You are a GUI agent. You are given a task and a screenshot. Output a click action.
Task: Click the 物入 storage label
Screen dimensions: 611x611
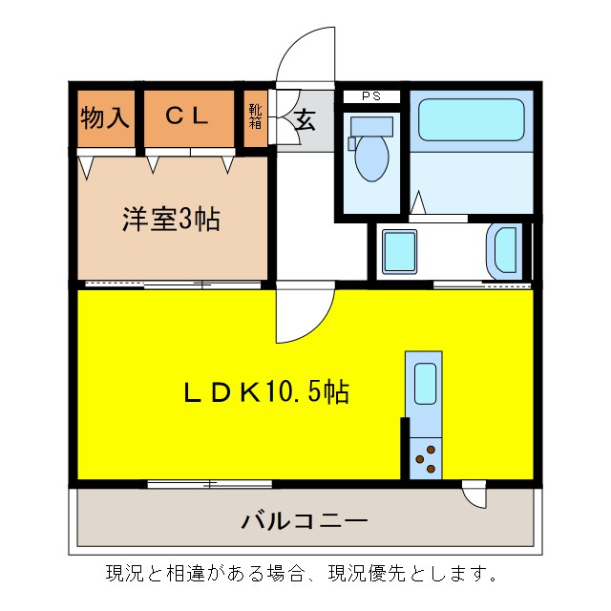[x=105, y=117]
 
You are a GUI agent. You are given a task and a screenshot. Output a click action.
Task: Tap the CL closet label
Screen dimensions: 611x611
[x=187, y=116]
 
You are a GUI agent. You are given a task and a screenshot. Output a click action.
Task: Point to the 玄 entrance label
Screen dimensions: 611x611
[x=305, y=120]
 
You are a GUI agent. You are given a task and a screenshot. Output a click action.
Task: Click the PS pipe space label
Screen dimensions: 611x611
[x=370, y=96]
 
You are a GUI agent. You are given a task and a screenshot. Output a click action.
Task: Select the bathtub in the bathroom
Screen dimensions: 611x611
[x=472, y=120]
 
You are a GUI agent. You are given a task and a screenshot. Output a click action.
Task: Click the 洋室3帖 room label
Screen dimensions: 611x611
[x=170, y=220]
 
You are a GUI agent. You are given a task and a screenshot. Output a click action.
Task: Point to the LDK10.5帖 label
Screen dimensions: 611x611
[x=265, y=391]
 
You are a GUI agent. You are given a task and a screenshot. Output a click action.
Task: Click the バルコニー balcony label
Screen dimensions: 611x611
[x=304, y=521]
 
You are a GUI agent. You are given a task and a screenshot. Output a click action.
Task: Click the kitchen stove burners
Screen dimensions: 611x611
[x=425, y=458]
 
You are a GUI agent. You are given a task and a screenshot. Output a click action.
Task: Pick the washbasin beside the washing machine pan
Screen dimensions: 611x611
[x=505, y=251]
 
